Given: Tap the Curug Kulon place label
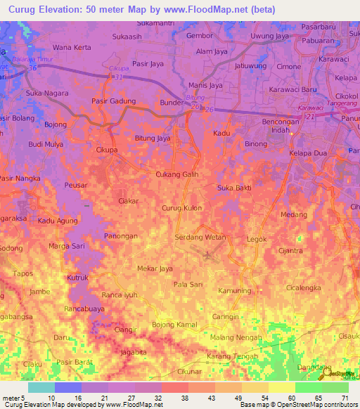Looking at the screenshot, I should (x=182, y=208).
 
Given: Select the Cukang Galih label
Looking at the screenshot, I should (x=176, y=174).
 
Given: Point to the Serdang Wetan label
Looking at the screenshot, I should (x=200, y=237).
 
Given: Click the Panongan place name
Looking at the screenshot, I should (x=121, y=236).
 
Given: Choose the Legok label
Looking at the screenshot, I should (x=257, y=240).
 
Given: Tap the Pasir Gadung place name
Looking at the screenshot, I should (x=113, y=101).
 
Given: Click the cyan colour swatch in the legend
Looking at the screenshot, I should (x=41, y=387).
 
